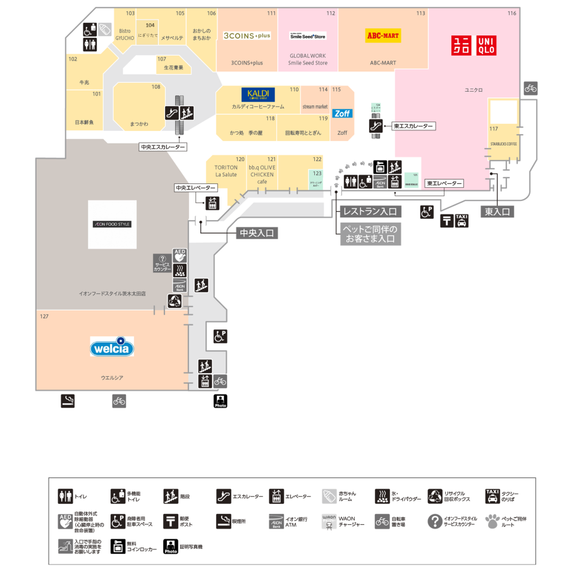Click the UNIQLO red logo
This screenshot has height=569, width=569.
(474, 45)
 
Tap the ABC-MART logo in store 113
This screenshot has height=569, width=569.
(383, 35)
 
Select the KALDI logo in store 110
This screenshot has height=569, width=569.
(257, 95)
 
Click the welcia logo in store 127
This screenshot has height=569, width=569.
(112, 347)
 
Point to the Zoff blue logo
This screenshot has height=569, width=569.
(343, 113)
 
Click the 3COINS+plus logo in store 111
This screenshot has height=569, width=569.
(247, 36)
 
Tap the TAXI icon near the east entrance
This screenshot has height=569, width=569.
(462, 221)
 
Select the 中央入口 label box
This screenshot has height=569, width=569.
(257, 233)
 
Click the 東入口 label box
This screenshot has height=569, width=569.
(497, 212)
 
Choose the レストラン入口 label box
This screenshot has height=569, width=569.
(369, 212)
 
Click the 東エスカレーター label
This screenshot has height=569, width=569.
(413, 126)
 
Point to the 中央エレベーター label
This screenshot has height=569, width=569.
(195, 188)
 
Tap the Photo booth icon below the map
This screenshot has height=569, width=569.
(221, 401)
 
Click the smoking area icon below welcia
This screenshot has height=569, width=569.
(68, 401)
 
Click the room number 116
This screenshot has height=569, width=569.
(511, 13)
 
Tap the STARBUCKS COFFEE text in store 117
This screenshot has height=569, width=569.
(503, 144)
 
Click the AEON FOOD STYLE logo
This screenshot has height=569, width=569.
(112, 224)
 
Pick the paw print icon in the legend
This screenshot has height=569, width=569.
(493, 522)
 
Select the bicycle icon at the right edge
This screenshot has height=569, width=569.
(530, 89)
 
